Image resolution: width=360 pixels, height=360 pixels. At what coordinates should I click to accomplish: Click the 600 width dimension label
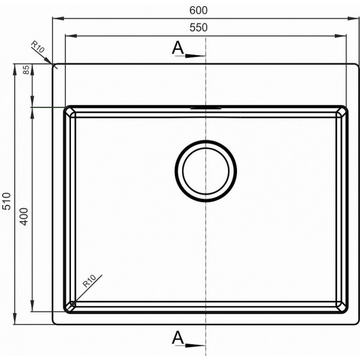click(199, 10)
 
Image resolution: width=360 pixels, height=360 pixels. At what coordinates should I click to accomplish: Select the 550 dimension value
click(199, 28)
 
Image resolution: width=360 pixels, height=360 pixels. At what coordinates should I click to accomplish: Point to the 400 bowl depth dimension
click(24, 217)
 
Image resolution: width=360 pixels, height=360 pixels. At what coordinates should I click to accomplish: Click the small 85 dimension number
click(27, 70)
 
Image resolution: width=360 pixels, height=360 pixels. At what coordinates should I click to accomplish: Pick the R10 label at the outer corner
click(38, 47)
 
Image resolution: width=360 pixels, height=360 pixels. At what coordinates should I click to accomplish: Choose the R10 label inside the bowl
click(89, 281)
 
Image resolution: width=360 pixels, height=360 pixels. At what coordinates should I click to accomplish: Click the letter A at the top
click(178, 48)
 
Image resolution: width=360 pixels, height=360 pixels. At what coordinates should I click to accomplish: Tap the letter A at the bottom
click(178, 337)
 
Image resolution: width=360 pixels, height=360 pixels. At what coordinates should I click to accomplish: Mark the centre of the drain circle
click(206, 171)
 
